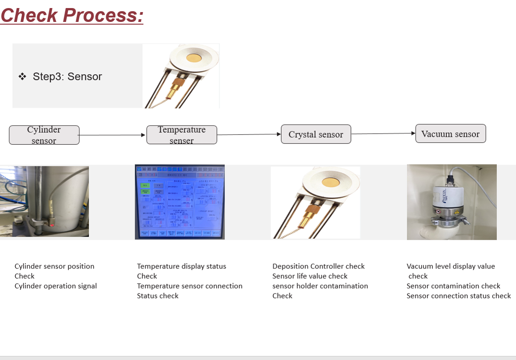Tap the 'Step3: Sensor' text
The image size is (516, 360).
(x=67, y=76)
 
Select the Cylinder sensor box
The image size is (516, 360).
(x=44, y=135)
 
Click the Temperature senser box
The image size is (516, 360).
(x=182, y=135)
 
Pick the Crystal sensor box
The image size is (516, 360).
(x=316, y=134)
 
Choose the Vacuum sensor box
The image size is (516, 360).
(x=450, y=134)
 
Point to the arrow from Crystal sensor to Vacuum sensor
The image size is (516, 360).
(x=383, y=134)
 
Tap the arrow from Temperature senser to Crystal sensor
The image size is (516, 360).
(x=249, y=134)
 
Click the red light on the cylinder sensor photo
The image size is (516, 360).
(x=52, y=226)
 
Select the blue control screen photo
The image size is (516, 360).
(x=180, y=202)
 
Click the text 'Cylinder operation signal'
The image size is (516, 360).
(x=56, y=286)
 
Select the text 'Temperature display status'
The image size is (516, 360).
(x=182, y=266)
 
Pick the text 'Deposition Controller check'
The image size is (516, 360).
(x=319, y=266)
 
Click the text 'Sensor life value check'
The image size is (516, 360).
(x=310, y=276)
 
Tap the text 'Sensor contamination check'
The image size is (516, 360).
(x=454, y=286)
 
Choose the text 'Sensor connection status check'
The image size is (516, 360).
(x=459, y=296)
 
